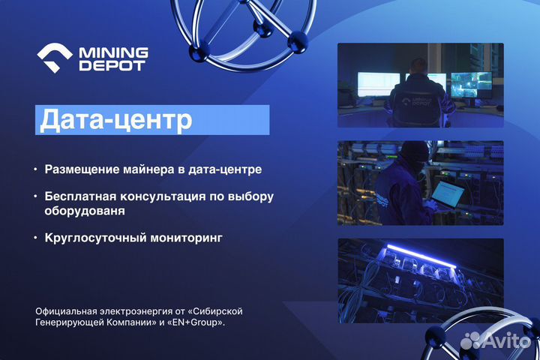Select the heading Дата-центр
point(115,120)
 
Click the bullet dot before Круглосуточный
point(34,238)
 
